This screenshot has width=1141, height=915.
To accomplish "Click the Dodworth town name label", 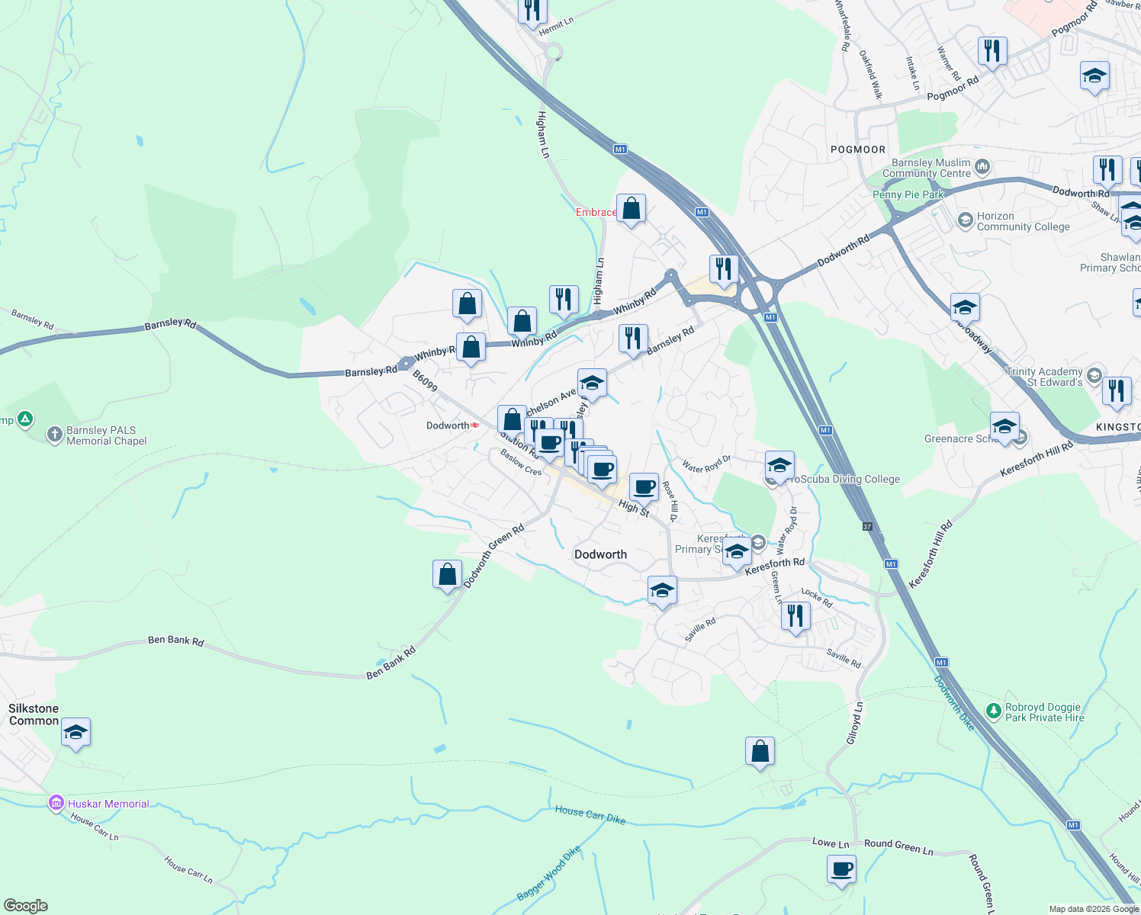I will [x=600, y=554].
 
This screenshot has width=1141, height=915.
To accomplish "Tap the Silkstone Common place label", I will [x=34, y=714].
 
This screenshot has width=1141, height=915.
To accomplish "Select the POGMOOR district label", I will [x=858, y=149].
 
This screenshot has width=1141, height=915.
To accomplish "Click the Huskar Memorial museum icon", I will [x=56, y=803].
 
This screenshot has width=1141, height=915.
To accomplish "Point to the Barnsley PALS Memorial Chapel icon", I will [x=54, y=435].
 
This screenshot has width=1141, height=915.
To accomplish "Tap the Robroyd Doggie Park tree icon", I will [x=993, y=711].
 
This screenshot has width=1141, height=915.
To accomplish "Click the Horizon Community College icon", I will [x=965, y=221].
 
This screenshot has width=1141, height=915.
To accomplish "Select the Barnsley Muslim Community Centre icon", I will [x=982, y=166].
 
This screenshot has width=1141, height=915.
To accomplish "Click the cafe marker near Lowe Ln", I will [x=841, y=869].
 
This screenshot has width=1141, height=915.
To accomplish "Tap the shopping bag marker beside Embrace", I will [x=631, y=208].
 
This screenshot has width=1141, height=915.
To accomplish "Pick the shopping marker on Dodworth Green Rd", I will [x=447, y=574].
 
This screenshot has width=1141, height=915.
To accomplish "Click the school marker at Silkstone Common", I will [x=75, y=733].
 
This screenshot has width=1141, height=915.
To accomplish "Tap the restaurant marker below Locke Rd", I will [x=795, y=615].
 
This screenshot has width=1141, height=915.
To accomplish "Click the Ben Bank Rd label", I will [x=176, y=640].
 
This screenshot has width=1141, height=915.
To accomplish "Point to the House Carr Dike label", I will [x=590, y=814].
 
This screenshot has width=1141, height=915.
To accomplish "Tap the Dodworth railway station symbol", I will [x=475, y=425].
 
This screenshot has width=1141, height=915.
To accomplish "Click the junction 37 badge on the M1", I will [x=867, y=526].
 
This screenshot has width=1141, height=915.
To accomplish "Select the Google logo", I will [x=26, y=906].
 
